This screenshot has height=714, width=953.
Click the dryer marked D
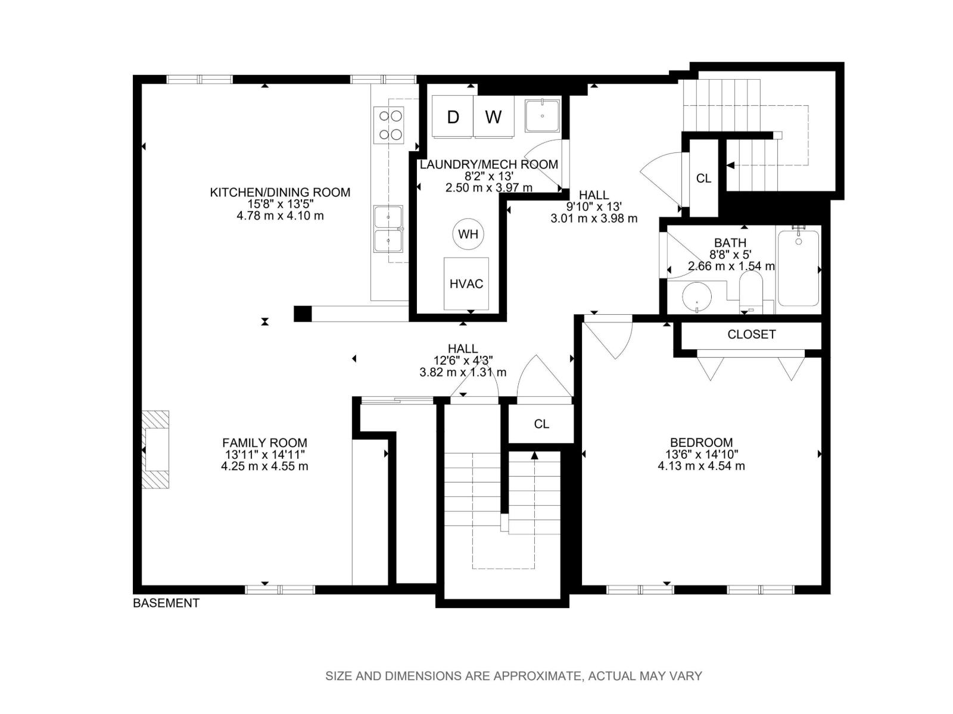(x=453, y=117)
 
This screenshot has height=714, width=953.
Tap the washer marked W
(x=494, y=117)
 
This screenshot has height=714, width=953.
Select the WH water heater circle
(x=468, y=234)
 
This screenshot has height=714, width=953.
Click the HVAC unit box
(x=466, y=284)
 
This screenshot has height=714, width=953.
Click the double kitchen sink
(x=388, y=229)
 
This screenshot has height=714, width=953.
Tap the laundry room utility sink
(x=542, y=116)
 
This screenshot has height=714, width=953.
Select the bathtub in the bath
(x=798, y=268)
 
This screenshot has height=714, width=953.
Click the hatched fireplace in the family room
(x=155, y=449)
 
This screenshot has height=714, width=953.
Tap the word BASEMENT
(x=166, y=603)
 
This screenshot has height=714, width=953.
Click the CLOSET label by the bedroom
(x=752, y=334)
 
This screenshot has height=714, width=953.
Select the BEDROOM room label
(x=701, y=443)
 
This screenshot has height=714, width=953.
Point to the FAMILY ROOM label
(x=264, y=443)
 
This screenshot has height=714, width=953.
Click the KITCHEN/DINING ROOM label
(x=280, y=192)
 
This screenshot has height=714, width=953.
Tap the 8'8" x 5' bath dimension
(x=730, y=254)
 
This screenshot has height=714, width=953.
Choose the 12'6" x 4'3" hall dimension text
(x=463, y=360)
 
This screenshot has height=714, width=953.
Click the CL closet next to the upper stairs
(x=703, y=178)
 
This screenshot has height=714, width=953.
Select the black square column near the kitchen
(x=303, y=314)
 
